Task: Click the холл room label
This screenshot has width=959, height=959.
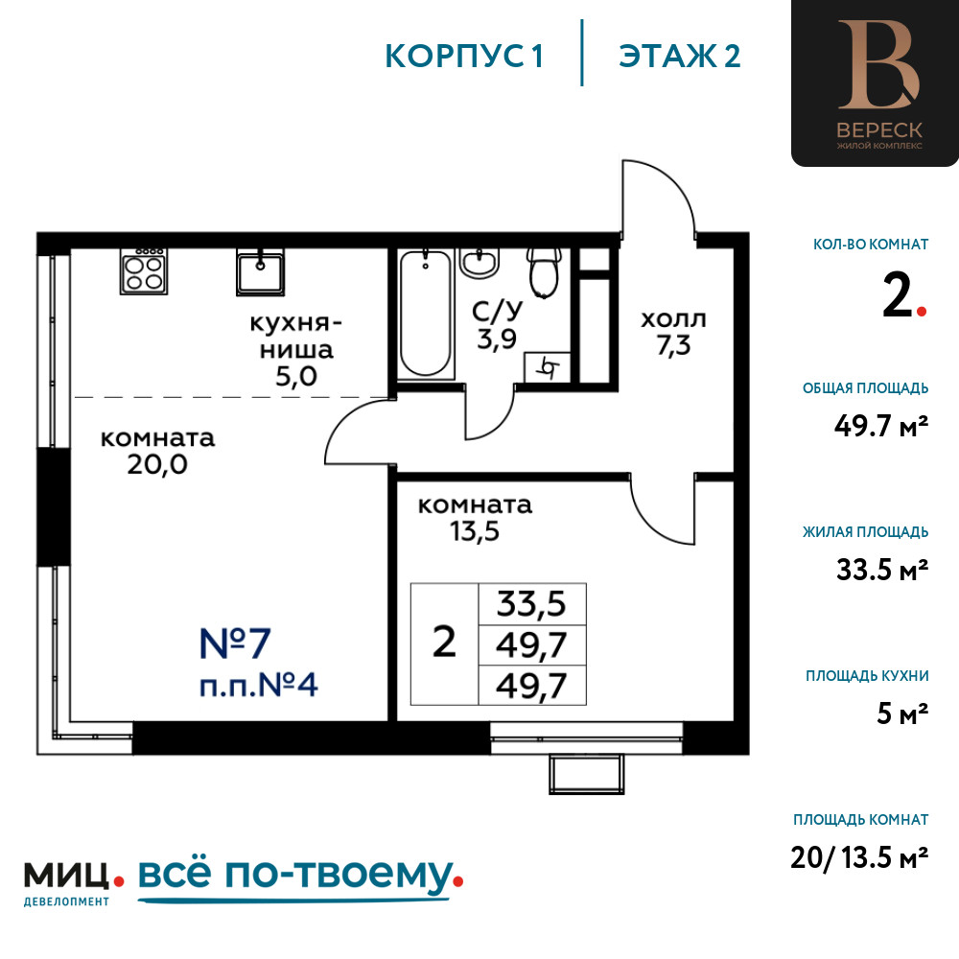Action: click(x=673, y=318)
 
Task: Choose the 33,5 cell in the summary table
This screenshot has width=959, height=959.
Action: click(x=530, y=605)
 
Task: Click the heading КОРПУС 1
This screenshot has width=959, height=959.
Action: click(x=464, y=56)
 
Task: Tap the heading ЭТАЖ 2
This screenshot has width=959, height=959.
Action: click(x=680, y=56)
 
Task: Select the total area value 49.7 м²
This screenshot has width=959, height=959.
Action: click(x=880, y=425)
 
